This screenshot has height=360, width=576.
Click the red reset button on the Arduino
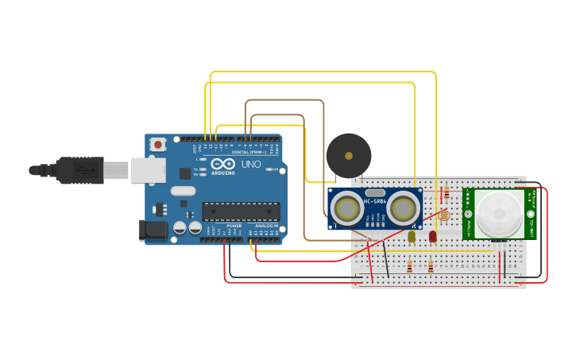[158, 145]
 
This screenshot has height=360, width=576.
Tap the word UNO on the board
[251, 165]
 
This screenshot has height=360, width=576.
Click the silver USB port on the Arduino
[148, 170]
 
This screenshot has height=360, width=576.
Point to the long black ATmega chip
[241, 211]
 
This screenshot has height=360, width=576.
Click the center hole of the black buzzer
[348, 156]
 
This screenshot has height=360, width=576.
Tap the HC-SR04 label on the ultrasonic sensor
[375, 202]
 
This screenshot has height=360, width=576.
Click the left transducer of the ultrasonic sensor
[347, 208]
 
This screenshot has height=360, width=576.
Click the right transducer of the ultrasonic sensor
[404, 208]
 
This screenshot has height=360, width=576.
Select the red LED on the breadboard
[432, 235]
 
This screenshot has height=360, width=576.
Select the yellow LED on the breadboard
[412, 235]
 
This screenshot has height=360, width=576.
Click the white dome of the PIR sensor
[499, 213]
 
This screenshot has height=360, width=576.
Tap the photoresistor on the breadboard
[444, 215]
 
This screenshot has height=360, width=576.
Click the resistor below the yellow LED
[409, 267]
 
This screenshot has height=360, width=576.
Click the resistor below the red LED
[431, 267]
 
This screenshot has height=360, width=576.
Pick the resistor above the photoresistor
[446, 193]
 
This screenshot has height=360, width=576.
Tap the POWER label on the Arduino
[234, 226]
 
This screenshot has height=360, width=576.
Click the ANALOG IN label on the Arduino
[266, 226]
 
